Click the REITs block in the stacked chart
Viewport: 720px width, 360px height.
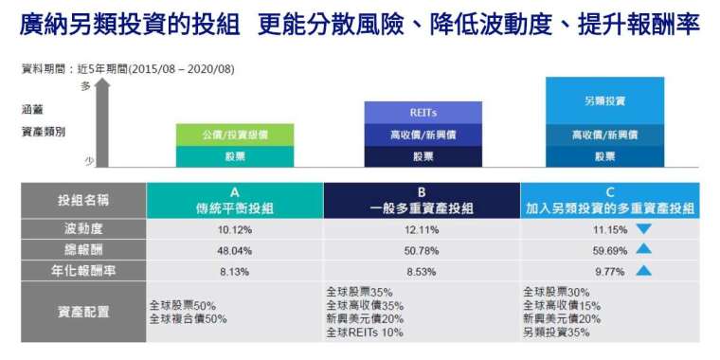(x=423, y=113)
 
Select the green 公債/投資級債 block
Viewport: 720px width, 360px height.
(x=235, y=135)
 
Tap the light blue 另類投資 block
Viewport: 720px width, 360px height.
(x=604, y=100)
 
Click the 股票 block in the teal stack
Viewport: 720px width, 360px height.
(x=235, y=156)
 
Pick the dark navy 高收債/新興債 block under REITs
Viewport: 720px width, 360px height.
(x=423, y=135)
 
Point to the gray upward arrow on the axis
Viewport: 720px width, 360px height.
(x=102, y=122)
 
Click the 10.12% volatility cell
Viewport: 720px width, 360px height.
(x=235, y=229)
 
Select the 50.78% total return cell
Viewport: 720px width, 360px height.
(x=422, y=251)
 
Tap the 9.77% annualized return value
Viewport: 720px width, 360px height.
(x=610, y=272)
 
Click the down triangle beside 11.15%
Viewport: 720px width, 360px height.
(x=644, y=229)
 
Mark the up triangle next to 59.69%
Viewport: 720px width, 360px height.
(x=644, y=250)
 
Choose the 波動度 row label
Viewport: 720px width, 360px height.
(x=83, y=228)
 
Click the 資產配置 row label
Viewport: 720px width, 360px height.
(x=83, y=312)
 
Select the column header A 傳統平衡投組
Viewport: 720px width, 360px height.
(x=235, y=201)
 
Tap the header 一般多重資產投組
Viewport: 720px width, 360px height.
(x=422, y=209)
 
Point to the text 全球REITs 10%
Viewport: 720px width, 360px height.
(x=365, y=332)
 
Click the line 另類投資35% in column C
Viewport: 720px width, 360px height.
(x=556, y=332)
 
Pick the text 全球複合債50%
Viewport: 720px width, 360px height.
(x=188, y=318)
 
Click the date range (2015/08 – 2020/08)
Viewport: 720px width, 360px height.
(x=182, y=69)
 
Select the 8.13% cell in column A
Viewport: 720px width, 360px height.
(x=235, y=272)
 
